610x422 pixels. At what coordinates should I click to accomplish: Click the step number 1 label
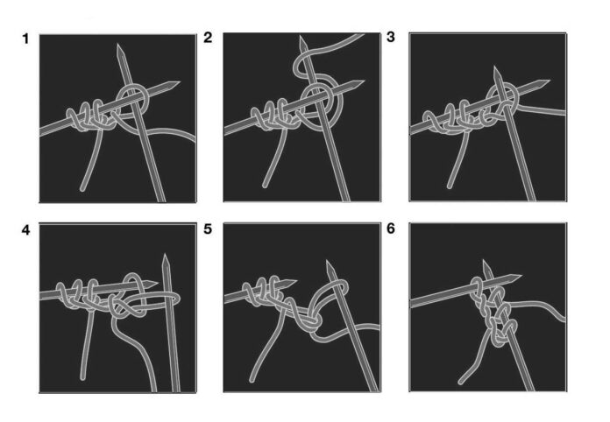25,39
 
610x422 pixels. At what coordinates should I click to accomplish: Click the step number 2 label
208,38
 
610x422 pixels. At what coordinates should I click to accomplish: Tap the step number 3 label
391,37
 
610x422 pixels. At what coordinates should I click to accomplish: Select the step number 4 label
25,230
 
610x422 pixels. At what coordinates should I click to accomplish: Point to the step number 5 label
208,229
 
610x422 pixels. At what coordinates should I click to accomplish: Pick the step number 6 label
391,229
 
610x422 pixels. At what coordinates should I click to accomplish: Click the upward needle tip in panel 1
118,45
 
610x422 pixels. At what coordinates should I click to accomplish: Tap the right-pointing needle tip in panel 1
180,82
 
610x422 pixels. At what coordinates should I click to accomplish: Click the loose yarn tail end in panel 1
82,189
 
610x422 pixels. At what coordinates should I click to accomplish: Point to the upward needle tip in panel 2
301,36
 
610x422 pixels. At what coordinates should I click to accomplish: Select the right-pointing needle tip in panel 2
364,81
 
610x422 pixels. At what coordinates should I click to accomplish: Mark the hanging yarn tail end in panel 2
265,186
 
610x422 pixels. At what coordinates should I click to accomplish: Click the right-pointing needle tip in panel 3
550,81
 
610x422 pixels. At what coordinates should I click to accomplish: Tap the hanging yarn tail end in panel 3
450,186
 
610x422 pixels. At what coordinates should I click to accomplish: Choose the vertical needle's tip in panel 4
166,255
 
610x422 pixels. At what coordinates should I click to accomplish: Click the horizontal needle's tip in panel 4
158,283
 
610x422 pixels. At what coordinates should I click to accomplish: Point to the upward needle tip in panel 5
328,262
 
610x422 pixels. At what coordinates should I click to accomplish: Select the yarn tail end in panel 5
252,379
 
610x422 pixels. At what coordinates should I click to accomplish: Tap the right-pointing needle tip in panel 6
521,276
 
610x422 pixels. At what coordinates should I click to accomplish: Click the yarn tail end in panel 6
461,382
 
